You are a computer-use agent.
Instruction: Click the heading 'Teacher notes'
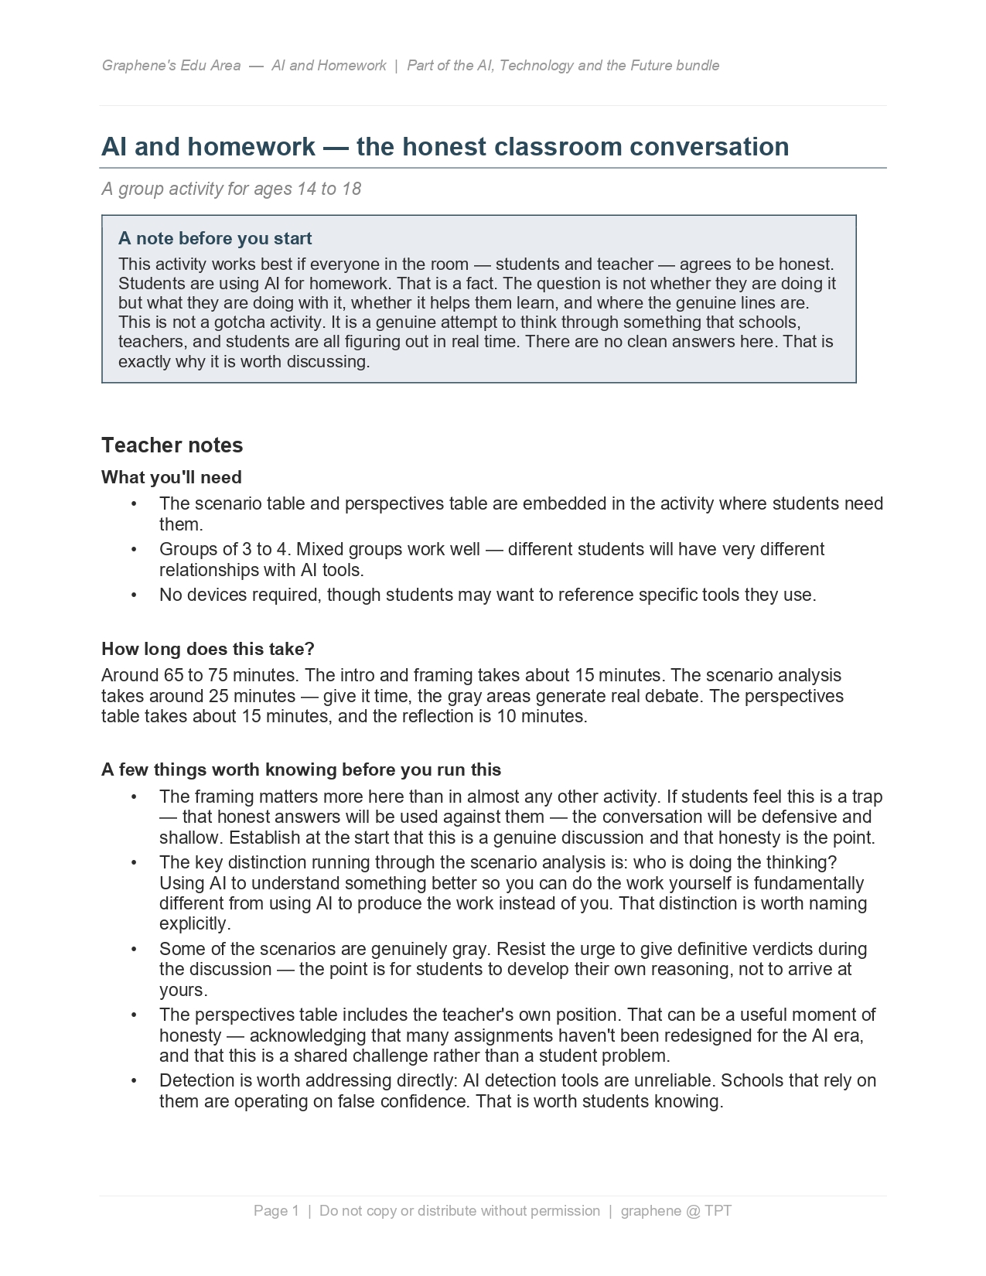172,445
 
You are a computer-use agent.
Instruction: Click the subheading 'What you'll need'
171,477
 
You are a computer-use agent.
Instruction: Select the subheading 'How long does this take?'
207,649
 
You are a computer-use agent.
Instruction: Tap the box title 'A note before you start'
214,238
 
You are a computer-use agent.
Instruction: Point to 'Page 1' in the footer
275,1211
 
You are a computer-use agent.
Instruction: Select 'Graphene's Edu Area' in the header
171,66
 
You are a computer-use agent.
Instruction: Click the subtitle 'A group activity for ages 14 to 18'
230,189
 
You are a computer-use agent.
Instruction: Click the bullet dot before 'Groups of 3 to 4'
134,550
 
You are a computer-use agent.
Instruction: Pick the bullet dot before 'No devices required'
134,595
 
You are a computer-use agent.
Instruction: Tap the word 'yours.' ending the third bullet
183,990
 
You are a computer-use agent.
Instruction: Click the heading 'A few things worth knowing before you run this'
301,770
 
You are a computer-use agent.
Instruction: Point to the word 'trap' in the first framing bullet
866,797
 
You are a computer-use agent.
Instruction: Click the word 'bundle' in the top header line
698,66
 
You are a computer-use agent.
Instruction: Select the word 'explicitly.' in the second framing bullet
195,924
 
